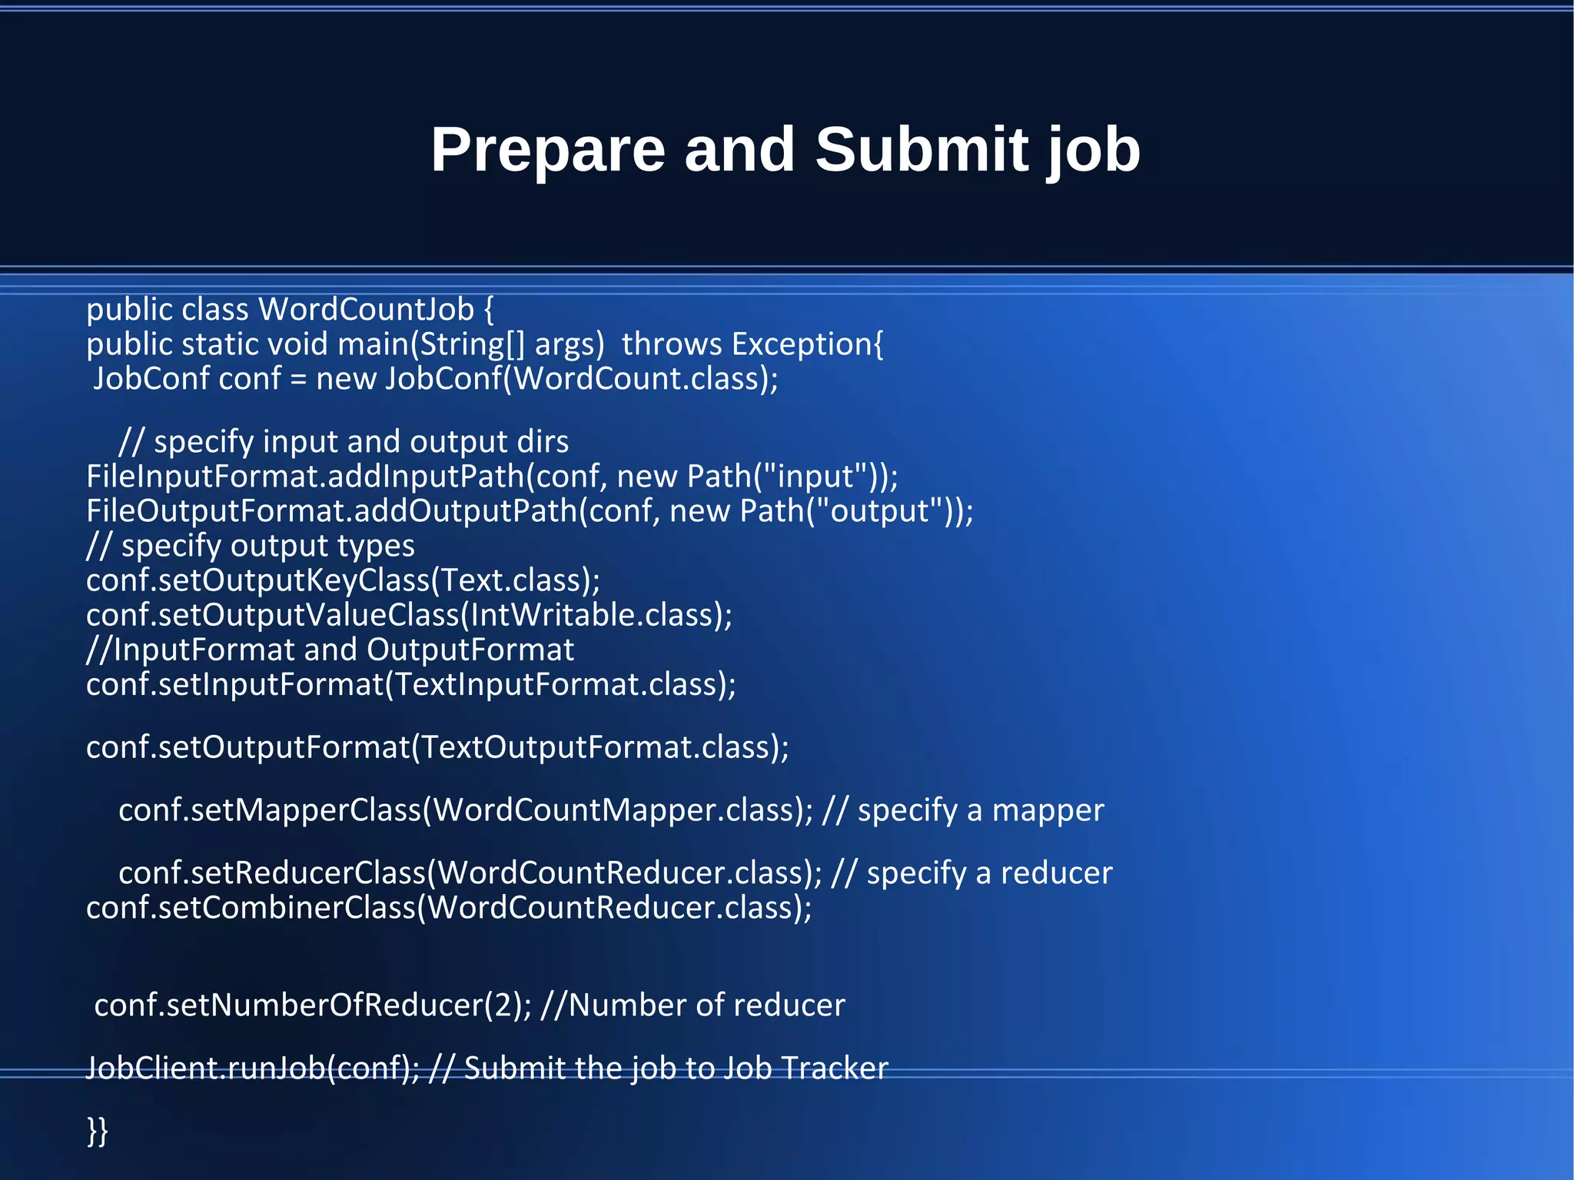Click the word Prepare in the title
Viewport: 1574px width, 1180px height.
point(547,150)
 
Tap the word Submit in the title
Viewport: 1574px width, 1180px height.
point(920,150)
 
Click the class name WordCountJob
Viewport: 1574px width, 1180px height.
point(367,310)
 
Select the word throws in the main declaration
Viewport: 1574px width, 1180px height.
point(672,344)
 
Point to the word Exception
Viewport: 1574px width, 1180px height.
point(802,344)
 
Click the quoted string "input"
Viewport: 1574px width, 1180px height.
point(816,477)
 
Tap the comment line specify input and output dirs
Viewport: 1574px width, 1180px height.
point(344,442)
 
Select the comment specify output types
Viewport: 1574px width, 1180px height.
point(251,546)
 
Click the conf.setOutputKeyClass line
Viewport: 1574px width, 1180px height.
point(343,580)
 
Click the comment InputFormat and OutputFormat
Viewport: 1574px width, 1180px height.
point(330,650)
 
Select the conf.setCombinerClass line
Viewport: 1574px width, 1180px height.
point(449,908)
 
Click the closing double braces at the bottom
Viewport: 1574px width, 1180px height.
point(98,1132)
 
